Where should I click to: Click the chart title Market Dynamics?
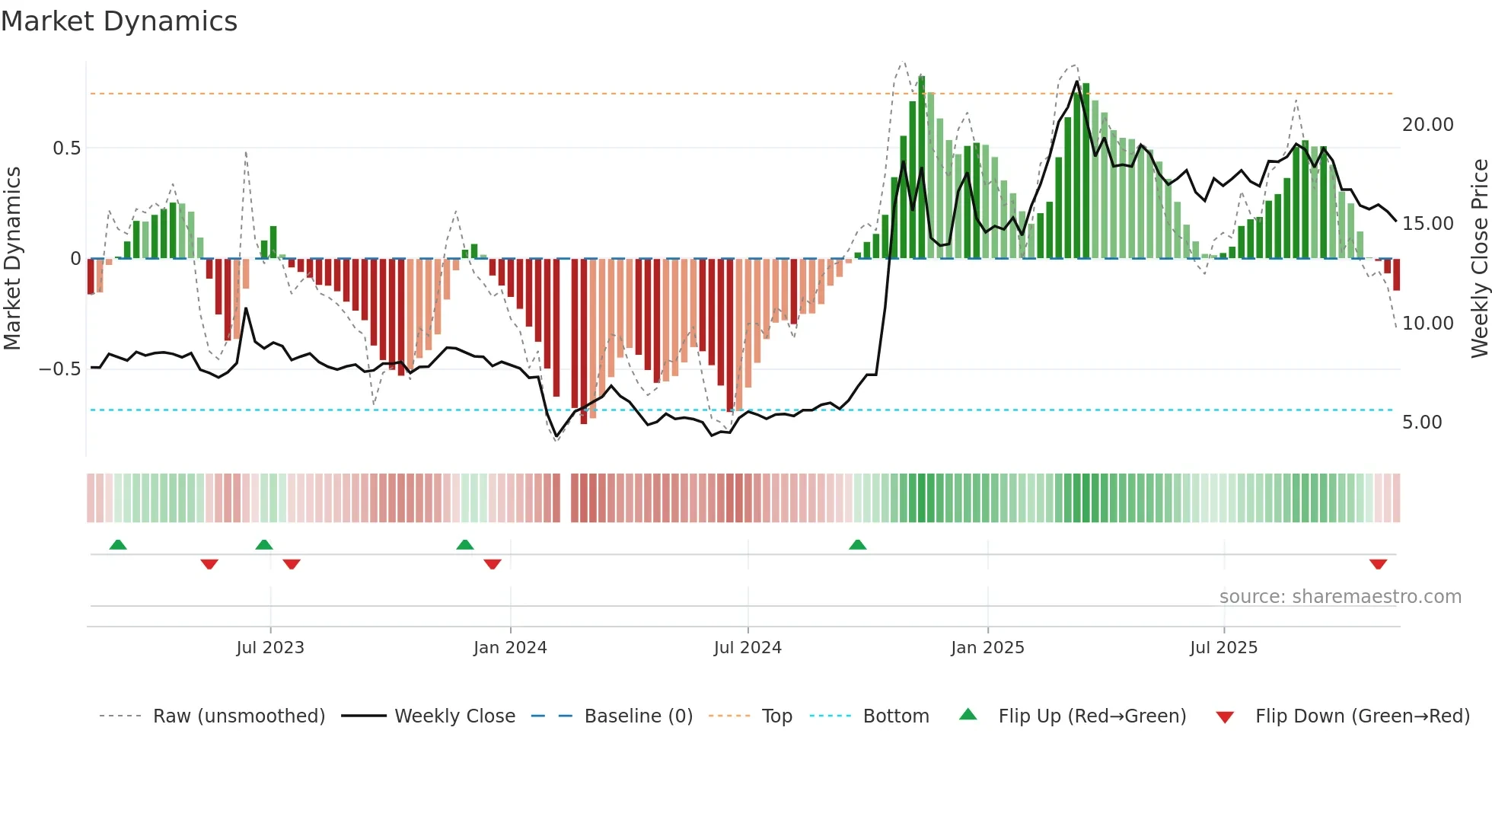(119, 21)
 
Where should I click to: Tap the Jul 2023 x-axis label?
(269, 648)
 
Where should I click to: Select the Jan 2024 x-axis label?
(510, 648)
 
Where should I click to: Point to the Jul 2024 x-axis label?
(748, 648)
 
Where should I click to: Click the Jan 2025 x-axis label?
(987, 648)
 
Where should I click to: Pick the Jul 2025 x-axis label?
(1223, 648)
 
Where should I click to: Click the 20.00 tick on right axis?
(1427, 125)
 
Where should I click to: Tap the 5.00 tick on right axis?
(1421, 423)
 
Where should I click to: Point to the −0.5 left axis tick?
(60, 369)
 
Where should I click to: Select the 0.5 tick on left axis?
(66, 148)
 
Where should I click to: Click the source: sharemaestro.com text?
(1340, 597)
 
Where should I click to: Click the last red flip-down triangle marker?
(1378, 564)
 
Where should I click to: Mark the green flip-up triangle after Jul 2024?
(857, 544)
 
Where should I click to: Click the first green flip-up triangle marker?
(118, 544)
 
